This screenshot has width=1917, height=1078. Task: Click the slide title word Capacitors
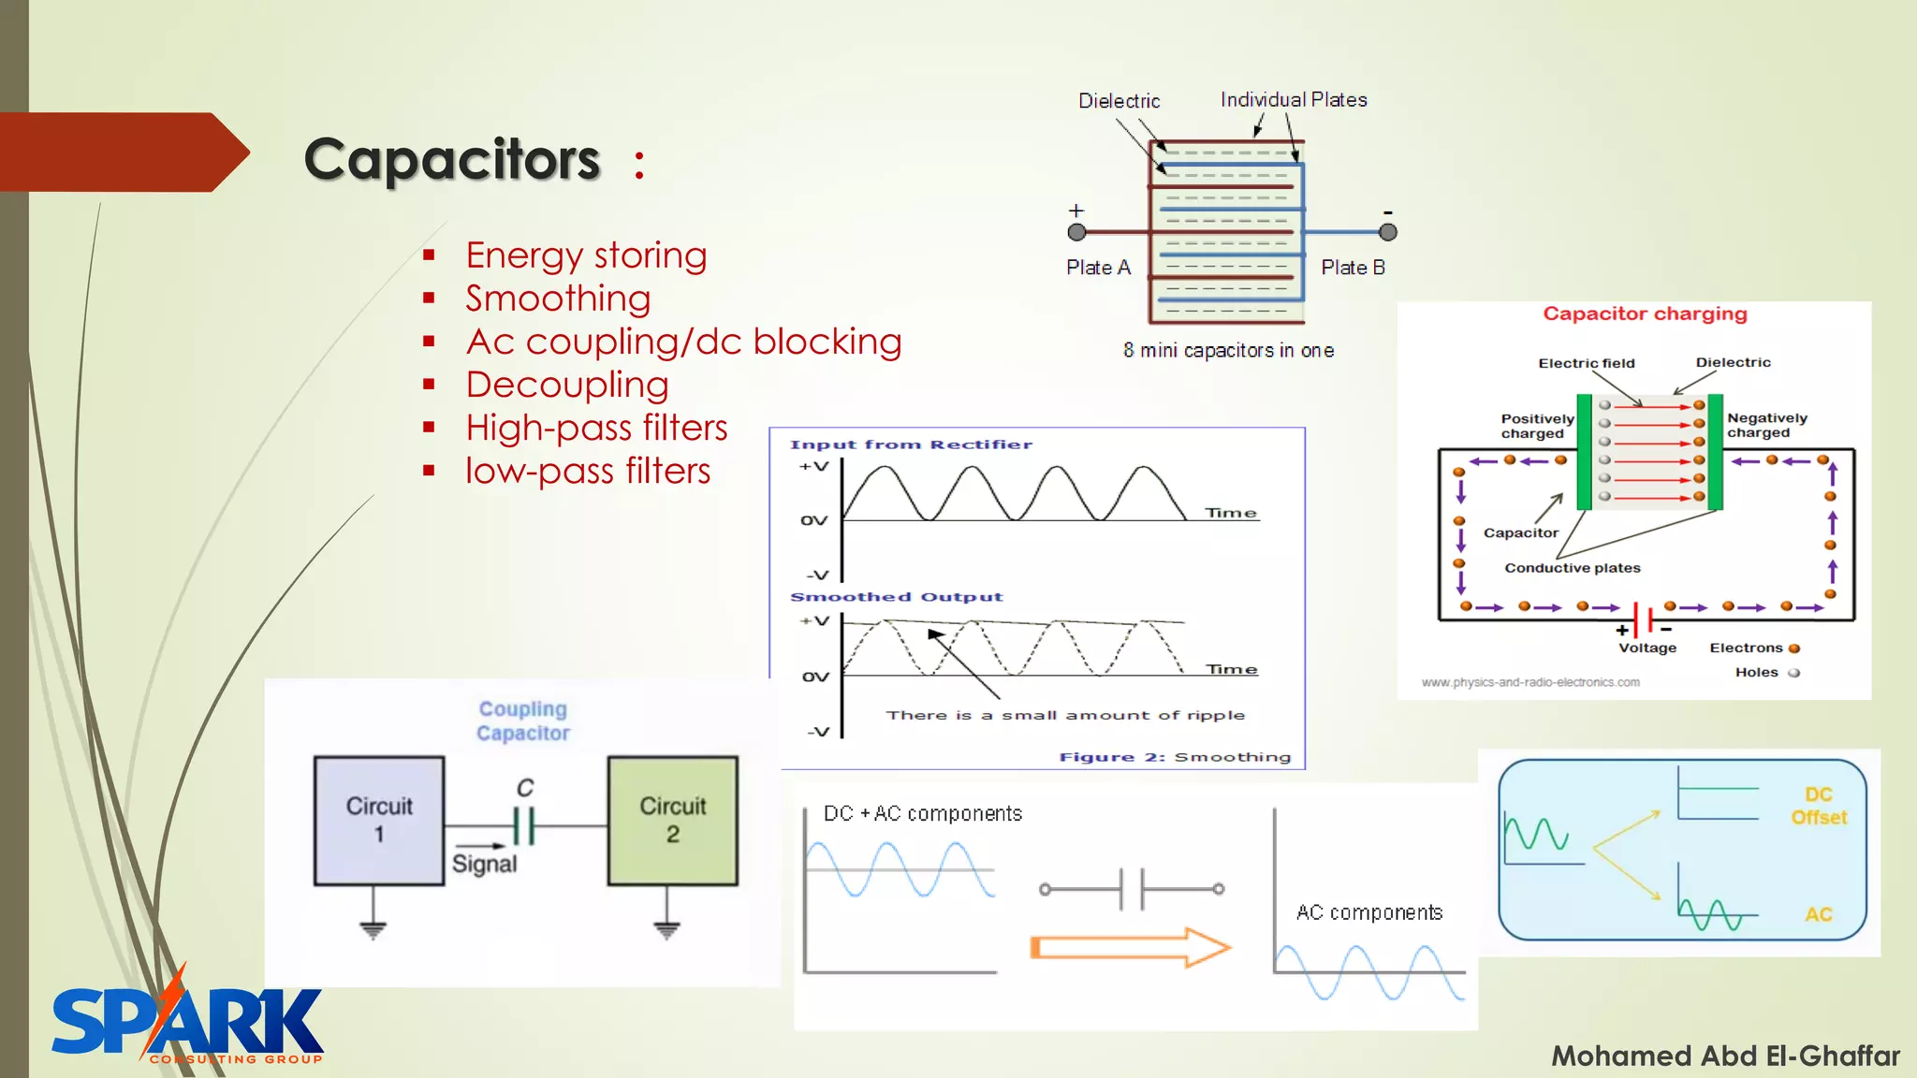pyautogui.click(x=452, y=159)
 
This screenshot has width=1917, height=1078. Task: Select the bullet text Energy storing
pyautogui.click(x=586, y=255)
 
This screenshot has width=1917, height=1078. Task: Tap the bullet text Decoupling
pyautogui.click(x=567, y=385)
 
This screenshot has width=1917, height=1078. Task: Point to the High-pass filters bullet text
pyautogui.click(x=596, y=428)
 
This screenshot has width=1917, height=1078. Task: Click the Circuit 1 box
pyautogui.click(x=379, y=821)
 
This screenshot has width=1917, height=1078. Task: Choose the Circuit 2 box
pyautogui.click(x=672, y=821)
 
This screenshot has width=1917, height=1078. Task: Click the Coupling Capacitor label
pyautogui.click(x=522, y=721)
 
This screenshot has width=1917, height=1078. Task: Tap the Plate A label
pyautogui.click(x=1098, y=268)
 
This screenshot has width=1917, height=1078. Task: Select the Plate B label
pyautogui.click(x=1353, y=268)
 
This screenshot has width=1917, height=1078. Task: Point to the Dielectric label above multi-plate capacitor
pyautogui.click(x=1119, y=101)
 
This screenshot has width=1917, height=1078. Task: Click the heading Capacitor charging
pyautogui.click(x=1645, y=313)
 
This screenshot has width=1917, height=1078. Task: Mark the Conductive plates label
pyautogui.click(x=1572, y=568)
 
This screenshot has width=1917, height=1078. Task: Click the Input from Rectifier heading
pyautogui.click(x=911, y=444)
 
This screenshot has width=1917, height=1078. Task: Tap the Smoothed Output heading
pyautogui.click(x=896, y=597)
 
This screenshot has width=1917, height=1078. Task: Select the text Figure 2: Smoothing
pyautogui.click(x=1175, y=757)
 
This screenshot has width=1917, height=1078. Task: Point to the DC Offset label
pyautogui.click(x=1818, y=806)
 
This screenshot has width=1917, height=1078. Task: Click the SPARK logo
pyautogui.click(x=187, y=1022)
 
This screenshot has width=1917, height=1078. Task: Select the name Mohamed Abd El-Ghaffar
pyautogui.click(x=1725, y=1056)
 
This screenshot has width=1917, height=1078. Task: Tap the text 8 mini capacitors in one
pyautogui.click(x=1228, y=351)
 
